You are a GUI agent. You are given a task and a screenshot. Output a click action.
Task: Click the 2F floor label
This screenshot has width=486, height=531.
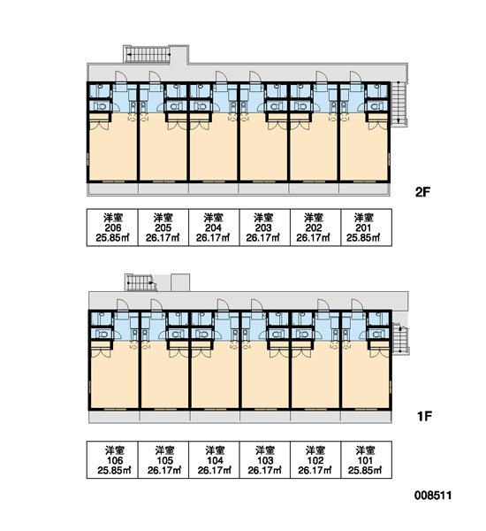(422, 192)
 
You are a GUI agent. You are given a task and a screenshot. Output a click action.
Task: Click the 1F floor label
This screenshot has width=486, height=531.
(424, 416)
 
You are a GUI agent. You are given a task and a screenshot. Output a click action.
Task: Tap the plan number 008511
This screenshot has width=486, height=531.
(433, 496)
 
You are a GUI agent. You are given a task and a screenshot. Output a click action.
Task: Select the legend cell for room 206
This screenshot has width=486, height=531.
(112, 227)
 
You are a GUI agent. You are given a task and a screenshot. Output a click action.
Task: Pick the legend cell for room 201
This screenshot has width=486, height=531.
(367, 227)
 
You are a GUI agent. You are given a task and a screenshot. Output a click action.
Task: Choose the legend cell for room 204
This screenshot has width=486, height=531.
(214, 227)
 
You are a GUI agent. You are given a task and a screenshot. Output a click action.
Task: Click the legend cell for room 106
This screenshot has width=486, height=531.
(112, 460)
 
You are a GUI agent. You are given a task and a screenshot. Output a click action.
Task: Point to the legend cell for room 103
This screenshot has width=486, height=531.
(265, 460)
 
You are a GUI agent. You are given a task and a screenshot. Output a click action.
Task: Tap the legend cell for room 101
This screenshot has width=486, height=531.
(367, 460)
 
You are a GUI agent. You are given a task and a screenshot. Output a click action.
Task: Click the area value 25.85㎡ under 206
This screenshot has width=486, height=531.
(112, 238)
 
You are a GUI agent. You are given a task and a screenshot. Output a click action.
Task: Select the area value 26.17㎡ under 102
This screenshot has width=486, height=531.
(315, 471)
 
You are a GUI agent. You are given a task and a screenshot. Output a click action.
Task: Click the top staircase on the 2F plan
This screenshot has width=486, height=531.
(147, 54)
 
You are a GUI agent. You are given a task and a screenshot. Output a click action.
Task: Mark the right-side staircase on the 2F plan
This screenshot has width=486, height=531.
(399, 104)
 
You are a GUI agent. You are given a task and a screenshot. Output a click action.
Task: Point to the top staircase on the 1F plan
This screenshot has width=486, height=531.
(140, 283)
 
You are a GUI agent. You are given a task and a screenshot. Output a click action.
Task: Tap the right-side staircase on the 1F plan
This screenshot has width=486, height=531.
(400, 339)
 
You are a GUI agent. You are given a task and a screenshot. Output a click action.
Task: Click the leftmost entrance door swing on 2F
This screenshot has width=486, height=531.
(121, 76)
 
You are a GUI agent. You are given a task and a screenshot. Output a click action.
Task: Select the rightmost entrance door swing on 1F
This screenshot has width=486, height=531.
(357, 304)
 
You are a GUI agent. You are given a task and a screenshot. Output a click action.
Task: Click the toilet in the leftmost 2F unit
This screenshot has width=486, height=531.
(101, 106)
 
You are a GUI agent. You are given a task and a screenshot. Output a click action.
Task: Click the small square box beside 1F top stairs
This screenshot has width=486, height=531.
(180, 283)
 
